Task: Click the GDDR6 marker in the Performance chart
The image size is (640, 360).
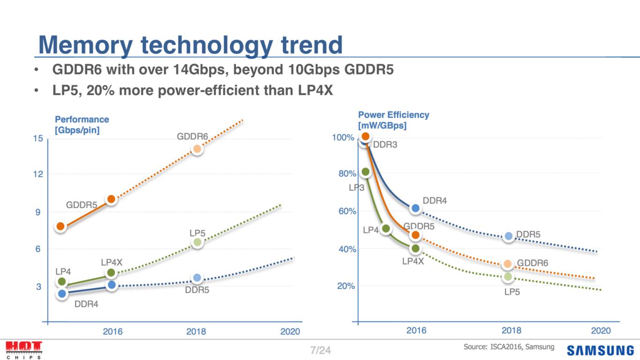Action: (197, 149)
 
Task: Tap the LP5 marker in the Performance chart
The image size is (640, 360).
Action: (197, 242)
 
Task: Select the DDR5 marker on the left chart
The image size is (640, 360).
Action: (197, 278)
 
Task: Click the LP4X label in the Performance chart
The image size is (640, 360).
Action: (112, 262)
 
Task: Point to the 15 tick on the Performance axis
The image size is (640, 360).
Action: (38, 138)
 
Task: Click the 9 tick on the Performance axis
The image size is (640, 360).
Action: (38, 212)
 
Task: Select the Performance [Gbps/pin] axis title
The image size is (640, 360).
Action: (82, 125)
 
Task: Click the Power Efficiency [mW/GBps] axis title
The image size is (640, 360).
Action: (393, 120)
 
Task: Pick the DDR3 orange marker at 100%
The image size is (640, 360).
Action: (365, 136)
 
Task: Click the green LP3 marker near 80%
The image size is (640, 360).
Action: (366, 172)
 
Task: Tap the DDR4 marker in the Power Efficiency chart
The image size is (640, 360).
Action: (415, 208)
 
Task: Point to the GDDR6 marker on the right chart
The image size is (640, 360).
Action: (507, 264)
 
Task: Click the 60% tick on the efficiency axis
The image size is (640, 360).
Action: (347, 211)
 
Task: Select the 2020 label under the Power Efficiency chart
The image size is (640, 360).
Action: (601, 330)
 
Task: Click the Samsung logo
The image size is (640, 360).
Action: (600, 350)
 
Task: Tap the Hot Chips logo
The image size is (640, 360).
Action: (23, 350)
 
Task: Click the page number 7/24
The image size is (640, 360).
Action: (320, 350)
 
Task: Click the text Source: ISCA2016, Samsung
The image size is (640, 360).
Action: (509, 347)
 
